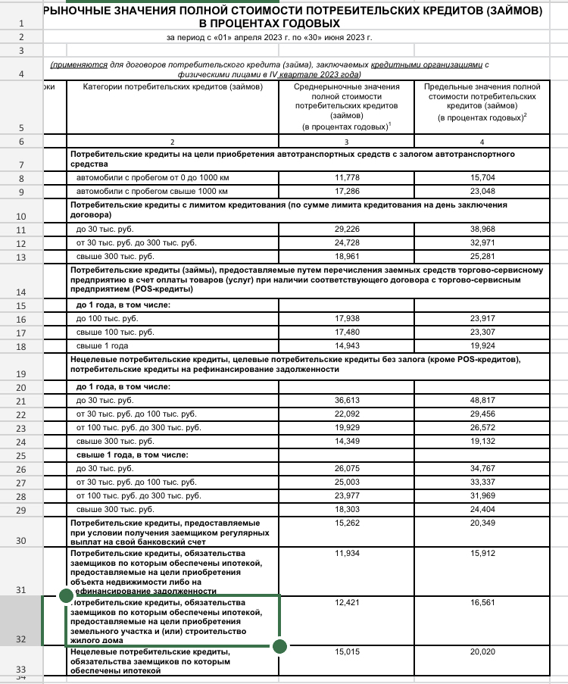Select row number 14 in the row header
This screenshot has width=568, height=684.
[20, 292]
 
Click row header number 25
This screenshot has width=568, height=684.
[20, 456]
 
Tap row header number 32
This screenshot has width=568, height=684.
[20, 639]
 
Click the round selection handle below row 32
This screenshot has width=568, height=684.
[279, 646]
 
